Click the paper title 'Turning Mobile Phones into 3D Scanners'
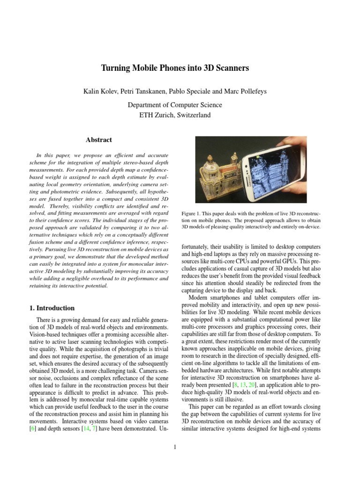point(175,68)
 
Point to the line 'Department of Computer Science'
point(175,105)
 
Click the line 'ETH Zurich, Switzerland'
point(175,114)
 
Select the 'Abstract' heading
point(99,140)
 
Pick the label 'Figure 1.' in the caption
point(191,214)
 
